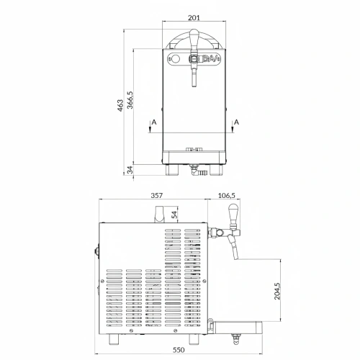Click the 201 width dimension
194,18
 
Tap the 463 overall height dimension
120,105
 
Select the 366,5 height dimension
130,100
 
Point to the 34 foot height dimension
130,170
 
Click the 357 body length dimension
156,196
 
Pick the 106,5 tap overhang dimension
227,196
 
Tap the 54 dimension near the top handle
175,214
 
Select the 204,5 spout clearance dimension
277,291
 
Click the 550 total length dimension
179,350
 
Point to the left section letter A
154,122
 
